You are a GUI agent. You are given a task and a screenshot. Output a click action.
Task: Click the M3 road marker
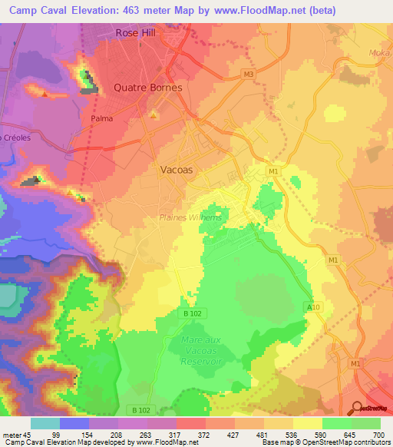click(246, 74)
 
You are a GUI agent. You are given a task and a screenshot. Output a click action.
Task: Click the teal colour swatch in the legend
click(45, 423)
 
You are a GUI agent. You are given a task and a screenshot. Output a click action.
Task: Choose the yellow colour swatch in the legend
click(308, 423)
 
